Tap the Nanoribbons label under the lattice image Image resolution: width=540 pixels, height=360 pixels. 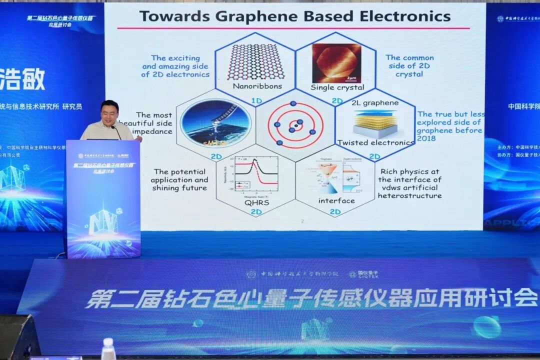257,86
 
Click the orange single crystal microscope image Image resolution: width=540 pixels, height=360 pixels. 336,63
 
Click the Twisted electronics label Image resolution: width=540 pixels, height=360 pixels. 375,142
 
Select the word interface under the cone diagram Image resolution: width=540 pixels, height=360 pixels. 336,200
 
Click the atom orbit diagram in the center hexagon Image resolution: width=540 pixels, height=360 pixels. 295,125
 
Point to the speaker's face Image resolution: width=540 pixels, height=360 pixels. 110,114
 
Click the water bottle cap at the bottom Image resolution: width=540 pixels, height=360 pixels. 108,342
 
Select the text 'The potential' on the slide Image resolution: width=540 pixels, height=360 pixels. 180,171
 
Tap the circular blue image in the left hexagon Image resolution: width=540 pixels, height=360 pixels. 215,123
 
